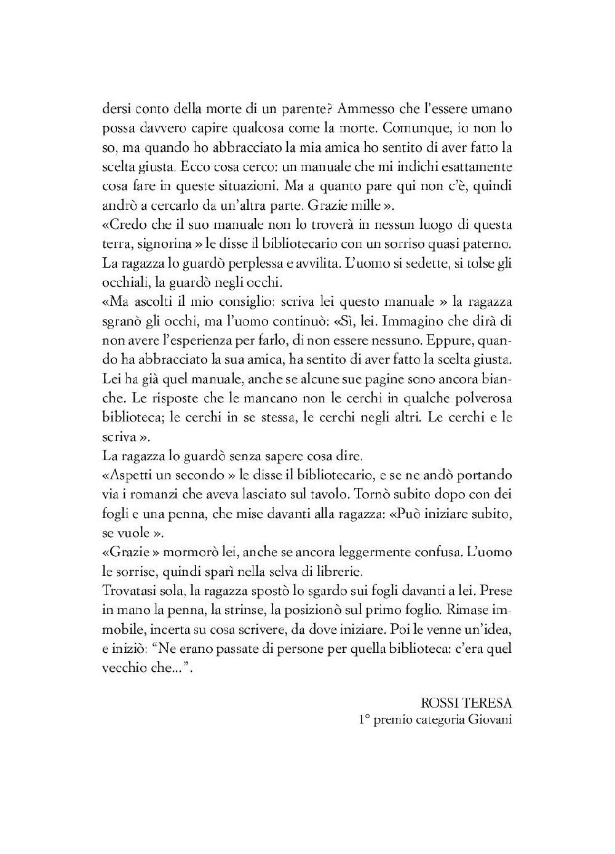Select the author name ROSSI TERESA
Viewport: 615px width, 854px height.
467,703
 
